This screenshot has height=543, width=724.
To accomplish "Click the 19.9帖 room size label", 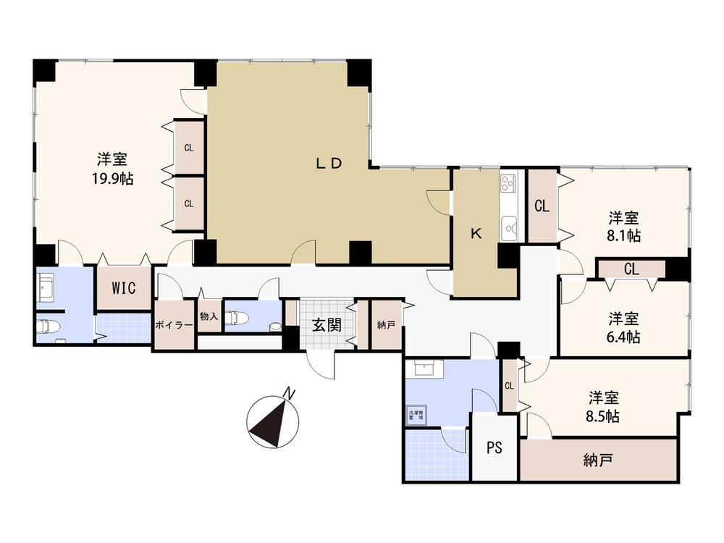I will click(x=112, y=179).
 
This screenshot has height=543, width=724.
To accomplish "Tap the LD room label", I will click(x=328, y=163).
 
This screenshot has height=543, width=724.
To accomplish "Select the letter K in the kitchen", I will click(x=476, y=233).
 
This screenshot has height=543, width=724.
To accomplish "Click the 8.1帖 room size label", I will click(x=623, y=235).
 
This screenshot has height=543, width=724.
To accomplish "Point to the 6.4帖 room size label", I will click(x=623, y=336).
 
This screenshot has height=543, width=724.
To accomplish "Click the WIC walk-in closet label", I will click(x=123, y=287).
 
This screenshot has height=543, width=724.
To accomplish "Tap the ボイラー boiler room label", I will click(x=174, y=325).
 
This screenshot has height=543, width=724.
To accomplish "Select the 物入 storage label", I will click(x=209, y=316).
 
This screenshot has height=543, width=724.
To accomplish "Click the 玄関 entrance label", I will click(x=327, y=325).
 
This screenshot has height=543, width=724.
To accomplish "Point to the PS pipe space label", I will click(x=494, y=447).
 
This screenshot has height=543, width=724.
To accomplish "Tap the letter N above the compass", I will click(x=289, y=393).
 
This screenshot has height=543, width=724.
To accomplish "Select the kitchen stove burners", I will click(x=507, y=184).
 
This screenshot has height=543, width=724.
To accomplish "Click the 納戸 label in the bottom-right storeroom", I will click(x=598, y=459).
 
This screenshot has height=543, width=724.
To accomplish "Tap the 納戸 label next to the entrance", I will click(x=387, y=325).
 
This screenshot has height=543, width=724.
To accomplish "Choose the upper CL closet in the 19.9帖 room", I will click(x=188, y=148).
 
